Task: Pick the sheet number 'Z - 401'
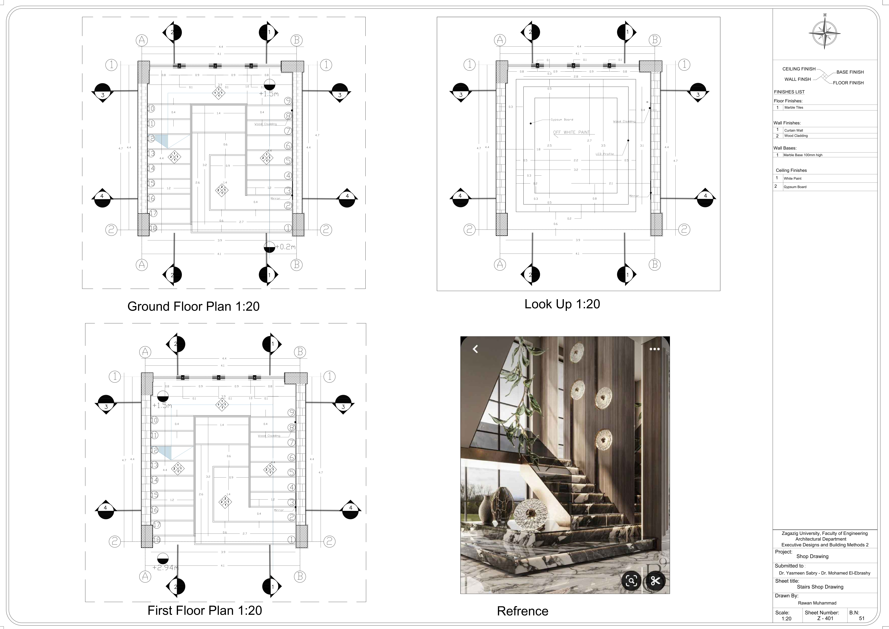pyautogui.click(x=825, y=619)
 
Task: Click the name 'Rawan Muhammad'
pyautogui.click(x=817, y=603)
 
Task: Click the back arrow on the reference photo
pyautogui.click(x=475, y=349)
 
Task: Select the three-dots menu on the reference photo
pyautogui.click(x=654, y=349)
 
